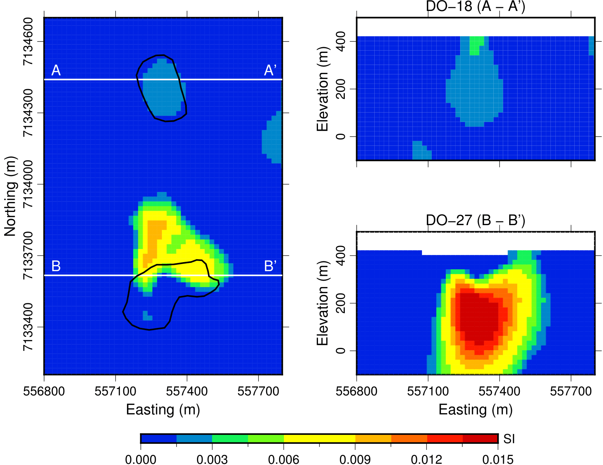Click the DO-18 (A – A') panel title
[475, 7]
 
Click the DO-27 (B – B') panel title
[475, 220]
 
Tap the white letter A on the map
[56, 71]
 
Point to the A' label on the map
[270, 71]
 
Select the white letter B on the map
[56, 266]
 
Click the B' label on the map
[270, 266]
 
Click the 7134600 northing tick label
[28, 42]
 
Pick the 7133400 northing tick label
[28, 327]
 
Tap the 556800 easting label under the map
[44, 391]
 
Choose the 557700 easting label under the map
[258, 391]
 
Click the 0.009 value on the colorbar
[355, 459]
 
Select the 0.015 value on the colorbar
[498, 459]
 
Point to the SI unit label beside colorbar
[509, 439]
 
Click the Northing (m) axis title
[10, 196]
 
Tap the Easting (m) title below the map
[163, 410]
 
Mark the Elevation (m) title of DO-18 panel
[322, 89]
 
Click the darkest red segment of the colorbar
[480, 439]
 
